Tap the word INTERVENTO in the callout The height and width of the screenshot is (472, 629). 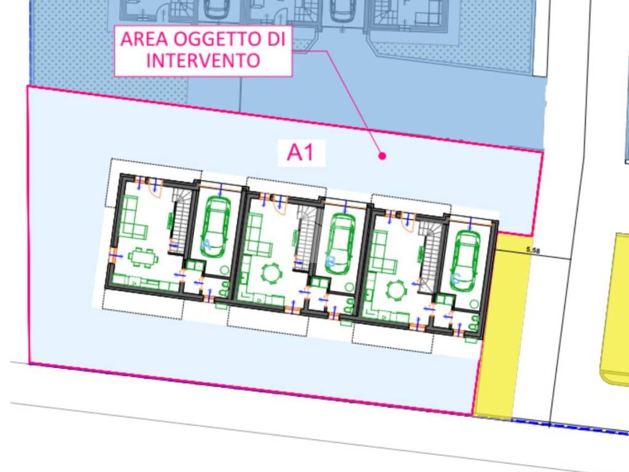pos(203,61)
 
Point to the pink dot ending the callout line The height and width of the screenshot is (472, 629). pos(382,156)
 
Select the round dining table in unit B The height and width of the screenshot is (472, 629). pos(271,272)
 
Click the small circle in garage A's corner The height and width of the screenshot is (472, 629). pos(224,270)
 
